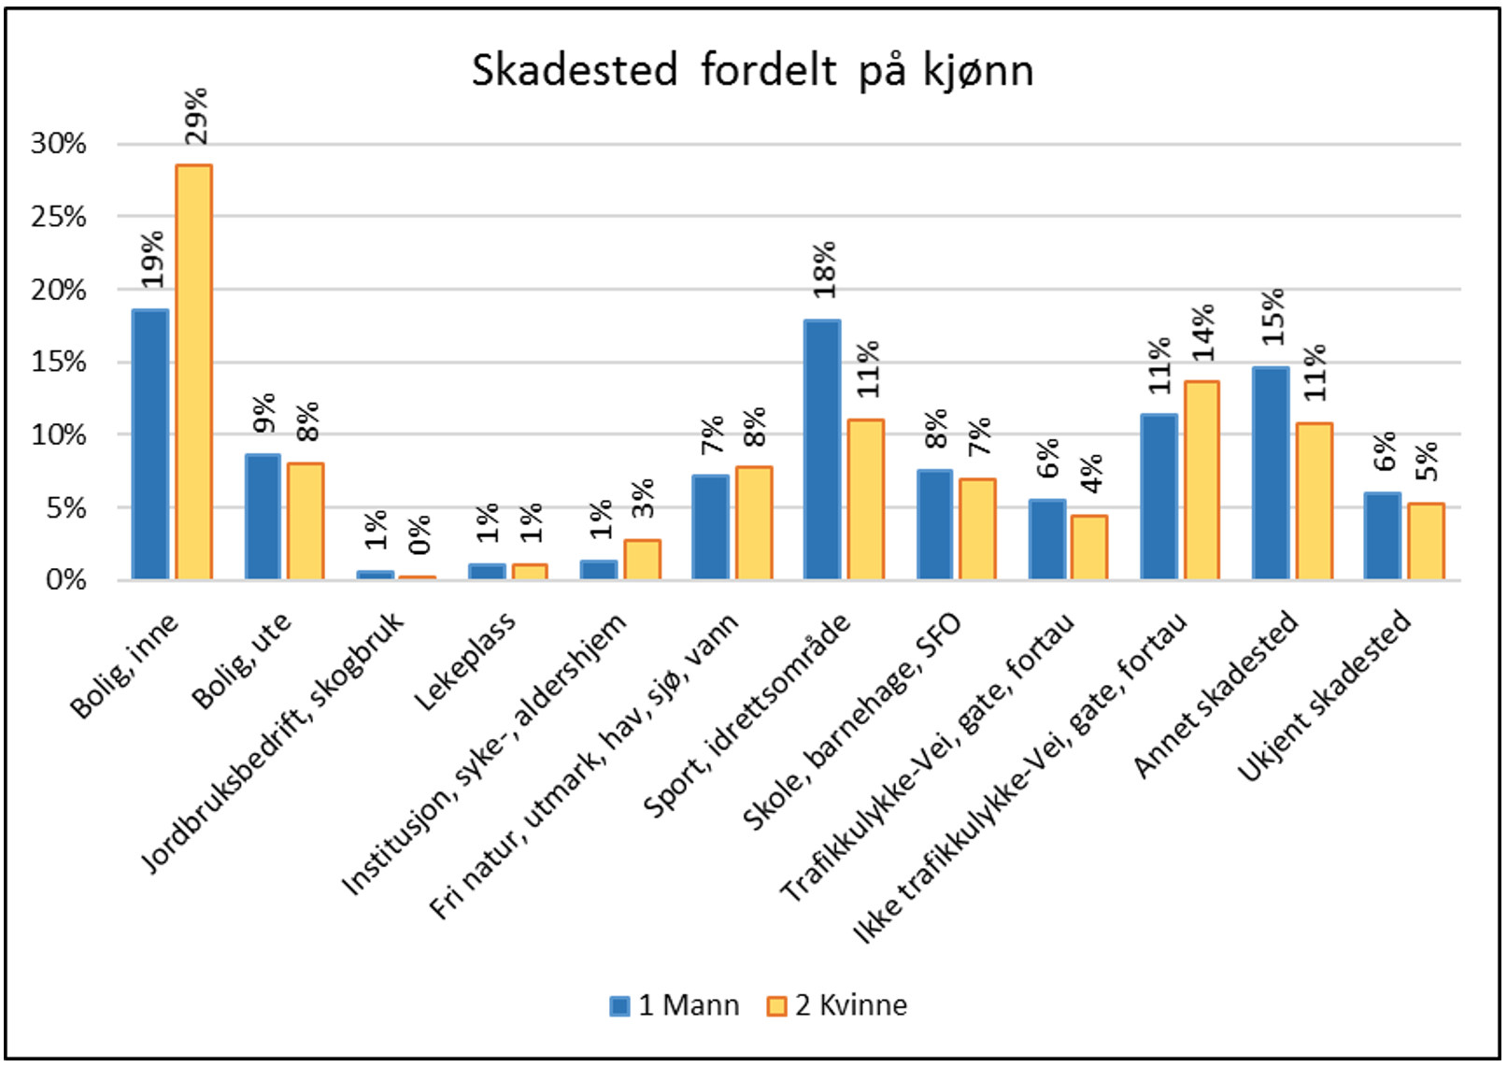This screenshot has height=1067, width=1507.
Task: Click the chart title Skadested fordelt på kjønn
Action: click(752, 71)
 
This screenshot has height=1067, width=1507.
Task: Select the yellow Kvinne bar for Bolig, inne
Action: click(194, 374)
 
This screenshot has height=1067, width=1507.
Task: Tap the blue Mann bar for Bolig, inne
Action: click(150, 445)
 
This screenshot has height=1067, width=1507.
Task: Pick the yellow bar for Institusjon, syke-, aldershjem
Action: click(643, 560)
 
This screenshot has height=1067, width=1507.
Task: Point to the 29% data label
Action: click(196, 117)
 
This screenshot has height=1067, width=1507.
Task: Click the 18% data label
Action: click(824, 270)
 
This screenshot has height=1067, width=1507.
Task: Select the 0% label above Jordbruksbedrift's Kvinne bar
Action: click(419, 533)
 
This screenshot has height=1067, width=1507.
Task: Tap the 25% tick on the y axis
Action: click(58, 217)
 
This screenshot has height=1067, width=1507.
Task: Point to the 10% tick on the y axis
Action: click(58, 435)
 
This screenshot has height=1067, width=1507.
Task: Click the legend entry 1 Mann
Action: click(674, 1005)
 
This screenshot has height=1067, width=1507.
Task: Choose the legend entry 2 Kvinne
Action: click(836, 1005)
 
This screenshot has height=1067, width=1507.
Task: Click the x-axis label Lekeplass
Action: click(464, 662)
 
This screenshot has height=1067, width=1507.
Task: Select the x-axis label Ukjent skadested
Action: click(1324, 696)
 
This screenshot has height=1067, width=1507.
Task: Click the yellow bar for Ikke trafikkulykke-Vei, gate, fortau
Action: click(1201, 481)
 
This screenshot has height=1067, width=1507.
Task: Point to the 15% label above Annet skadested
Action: click(1272, 317)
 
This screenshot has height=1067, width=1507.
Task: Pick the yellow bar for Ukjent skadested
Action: click(1426, 542)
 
